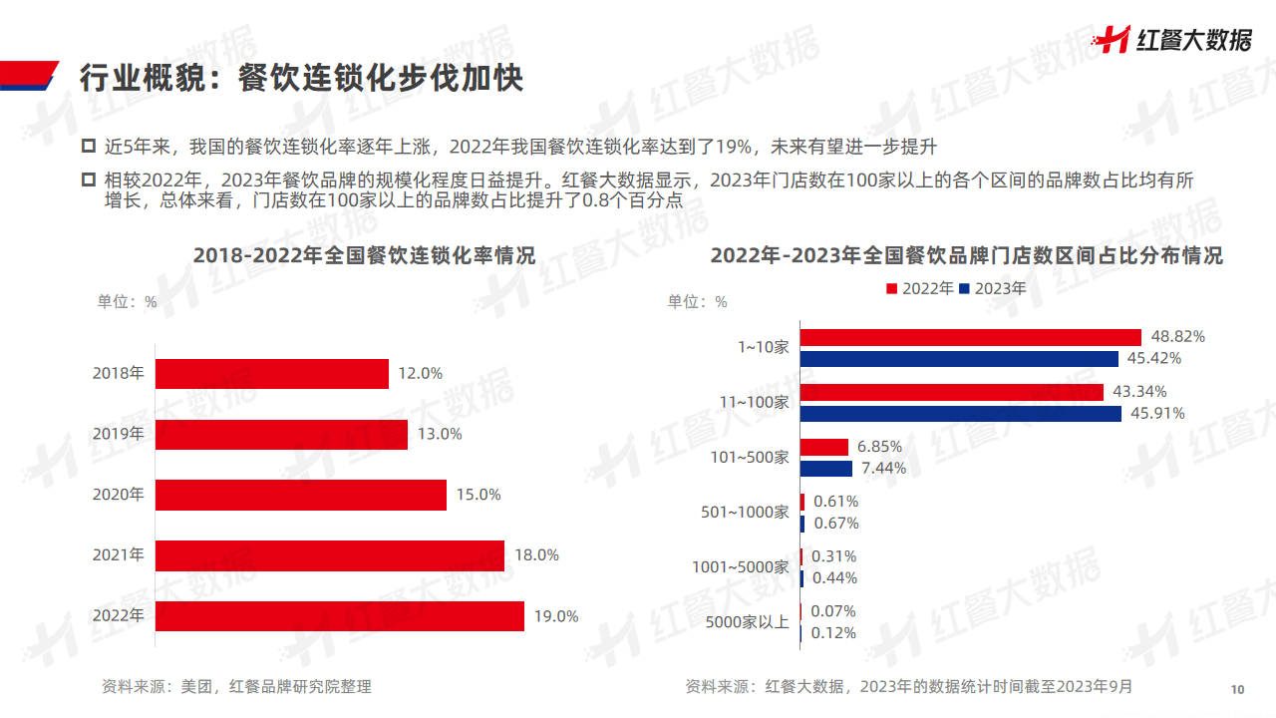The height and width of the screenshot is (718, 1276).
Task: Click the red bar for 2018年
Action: pos(272,374)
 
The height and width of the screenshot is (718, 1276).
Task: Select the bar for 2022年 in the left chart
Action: pos(340,616)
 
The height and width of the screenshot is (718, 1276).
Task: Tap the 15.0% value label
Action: pos(478,495)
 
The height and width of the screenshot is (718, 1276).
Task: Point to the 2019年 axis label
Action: pos(118,434)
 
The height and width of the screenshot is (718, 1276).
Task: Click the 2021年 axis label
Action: pos(118,554)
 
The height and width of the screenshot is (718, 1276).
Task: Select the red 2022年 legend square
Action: pos(891,289)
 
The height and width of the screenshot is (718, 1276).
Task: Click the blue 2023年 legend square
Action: pos(964,289)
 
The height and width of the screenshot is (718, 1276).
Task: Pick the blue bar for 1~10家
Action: pos(960,358)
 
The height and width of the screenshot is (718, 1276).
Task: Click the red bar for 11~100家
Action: pos(952,392)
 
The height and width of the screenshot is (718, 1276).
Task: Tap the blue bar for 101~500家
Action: pos(826,468)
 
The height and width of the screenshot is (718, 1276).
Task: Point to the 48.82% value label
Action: pos(1178,337)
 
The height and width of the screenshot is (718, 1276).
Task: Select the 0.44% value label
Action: pos(834,577)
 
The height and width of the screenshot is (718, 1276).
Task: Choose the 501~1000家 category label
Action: pos(745,513)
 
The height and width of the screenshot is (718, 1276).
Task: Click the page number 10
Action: pos(1238,690)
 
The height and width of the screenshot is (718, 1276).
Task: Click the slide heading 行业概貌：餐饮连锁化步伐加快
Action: pos(301,77)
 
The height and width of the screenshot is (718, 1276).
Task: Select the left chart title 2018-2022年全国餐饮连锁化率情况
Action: pos(364,256)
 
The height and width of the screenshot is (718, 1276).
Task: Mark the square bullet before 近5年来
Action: pos(88,148)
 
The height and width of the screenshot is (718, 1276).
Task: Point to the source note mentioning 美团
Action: pos(236,686)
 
